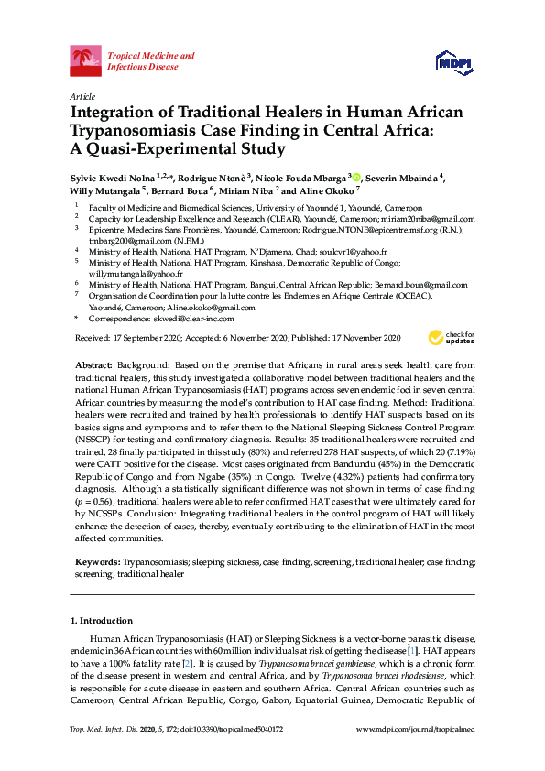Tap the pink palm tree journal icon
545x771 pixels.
click(x=86, y=61)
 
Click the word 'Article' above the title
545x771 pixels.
click(x=82, y=96)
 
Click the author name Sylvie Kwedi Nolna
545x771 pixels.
click(x=112, y=178)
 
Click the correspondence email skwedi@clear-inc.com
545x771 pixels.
click(x=194, y=319)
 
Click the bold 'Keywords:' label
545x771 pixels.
click(x=97, y=559)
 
